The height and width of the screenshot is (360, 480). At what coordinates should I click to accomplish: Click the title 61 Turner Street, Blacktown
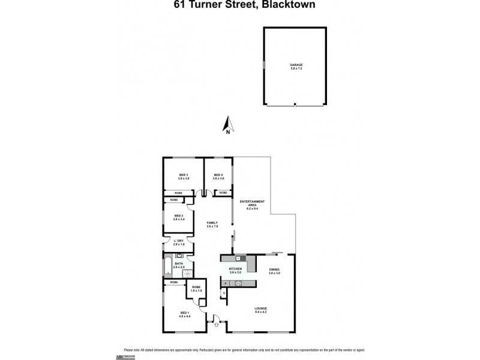coord(240,5)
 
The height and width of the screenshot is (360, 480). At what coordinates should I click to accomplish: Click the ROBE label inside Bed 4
coord(223,193)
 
